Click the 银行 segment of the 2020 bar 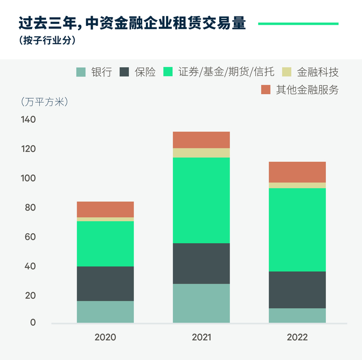tap(105, 312)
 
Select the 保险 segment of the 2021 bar tap(201, 263)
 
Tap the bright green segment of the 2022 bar tap(297, 230)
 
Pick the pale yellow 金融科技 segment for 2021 tap(201, 153)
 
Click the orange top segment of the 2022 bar tap(297, 172)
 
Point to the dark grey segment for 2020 tap(105, 283)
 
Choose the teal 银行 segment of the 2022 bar tap(297, 316)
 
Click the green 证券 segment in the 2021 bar tap(201, 200)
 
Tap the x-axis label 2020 tap(105, 338)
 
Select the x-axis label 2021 tap(201, 338)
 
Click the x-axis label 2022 tap(297, 338)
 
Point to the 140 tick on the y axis tap(28, 119)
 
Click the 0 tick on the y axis tap(33, 323)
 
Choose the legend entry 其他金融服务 tap(307, 89)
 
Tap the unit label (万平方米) tap(44, 101)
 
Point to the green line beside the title tap(298, 23)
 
